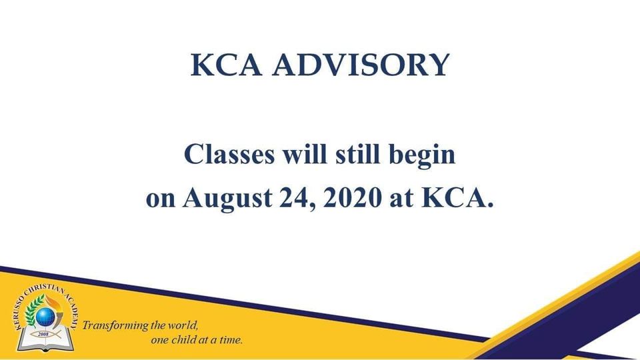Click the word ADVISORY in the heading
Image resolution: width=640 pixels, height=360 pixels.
[361, 65]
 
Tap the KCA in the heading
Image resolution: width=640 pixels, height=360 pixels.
[226, 65]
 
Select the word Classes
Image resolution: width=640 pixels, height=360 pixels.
[229, 154]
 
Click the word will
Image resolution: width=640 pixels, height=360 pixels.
[305, 154]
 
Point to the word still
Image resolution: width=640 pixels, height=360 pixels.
[357, 154]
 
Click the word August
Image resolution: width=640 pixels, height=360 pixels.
[227, 199]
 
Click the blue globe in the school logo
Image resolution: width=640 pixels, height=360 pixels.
[45, 317]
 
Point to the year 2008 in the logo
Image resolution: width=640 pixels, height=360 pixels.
[43, 334]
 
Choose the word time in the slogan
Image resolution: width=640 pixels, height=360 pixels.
[231, 339]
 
